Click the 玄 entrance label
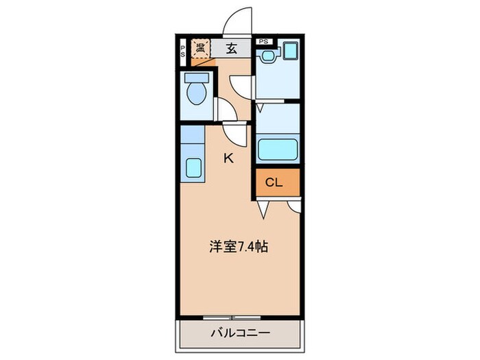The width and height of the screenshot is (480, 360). point(232,48)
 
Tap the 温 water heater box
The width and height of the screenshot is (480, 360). point(200,48)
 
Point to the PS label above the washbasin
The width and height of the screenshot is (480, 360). point(264,41)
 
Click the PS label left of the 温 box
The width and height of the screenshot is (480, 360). point(182,50)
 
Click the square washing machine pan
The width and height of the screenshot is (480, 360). point(291,51)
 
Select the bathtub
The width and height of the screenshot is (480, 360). point(277,148)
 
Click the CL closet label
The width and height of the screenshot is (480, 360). point(274,182)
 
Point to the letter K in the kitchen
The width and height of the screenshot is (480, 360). point(228,158)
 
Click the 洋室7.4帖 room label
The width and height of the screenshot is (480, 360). point(238,247)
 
